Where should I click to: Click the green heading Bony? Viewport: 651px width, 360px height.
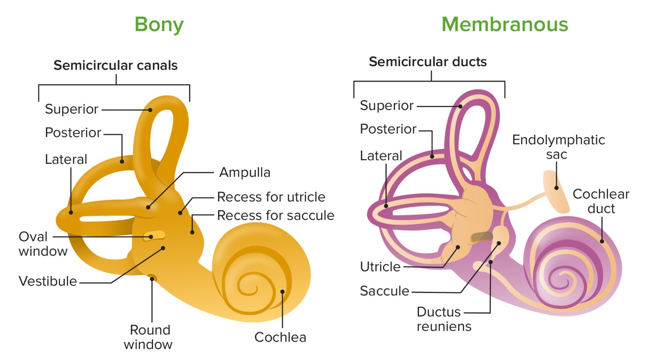159,24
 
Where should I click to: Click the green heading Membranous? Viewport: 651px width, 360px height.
505,24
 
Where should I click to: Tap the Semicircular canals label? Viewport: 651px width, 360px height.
115,65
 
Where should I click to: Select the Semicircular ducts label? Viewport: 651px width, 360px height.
427,62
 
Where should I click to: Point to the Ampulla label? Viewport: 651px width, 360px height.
244,172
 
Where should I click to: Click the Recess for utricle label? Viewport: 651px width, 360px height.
271,197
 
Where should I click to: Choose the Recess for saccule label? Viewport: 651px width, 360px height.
276,215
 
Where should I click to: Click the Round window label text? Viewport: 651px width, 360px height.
148,337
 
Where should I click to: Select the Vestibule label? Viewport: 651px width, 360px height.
48,281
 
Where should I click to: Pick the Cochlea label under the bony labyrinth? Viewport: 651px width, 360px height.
280,337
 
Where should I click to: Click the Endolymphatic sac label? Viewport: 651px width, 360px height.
558,147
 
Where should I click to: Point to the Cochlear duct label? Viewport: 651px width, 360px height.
601,201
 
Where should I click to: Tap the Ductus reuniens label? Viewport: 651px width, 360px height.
444,319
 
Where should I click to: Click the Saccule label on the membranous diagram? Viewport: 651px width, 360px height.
385,291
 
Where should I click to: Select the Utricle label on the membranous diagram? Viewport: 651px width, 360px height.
380,267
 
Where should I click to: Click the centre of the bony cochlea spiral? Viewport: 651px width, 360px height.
252,283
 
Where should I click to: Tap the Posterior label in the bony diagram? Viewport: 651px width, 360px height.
73,133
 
